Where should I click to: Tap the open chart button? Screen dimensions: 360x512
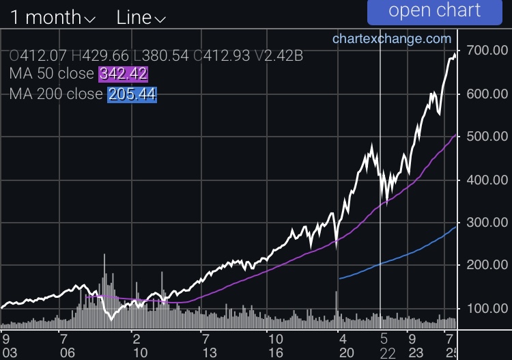(x=435, y=11)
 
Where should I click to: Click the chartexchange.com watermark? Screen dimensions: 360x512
(x=392, y=39)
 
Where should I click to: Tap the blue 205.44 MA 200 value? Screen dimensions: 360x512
(x=132, y=95)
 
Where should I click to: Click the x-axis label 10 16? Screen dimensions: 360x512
(x=274, y=345)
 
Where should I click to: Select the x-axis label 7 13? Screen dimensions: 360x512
(x=204, y=345)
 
